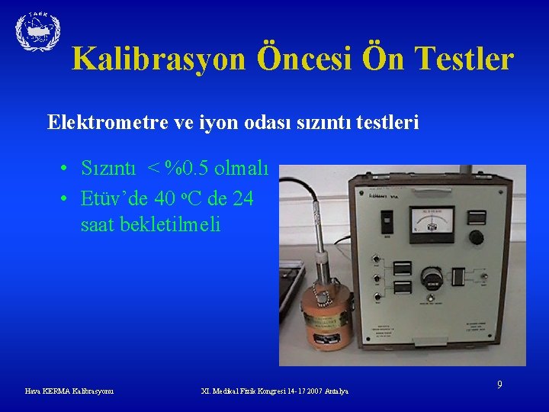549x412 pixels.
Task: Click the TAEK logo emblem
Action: point(37,31)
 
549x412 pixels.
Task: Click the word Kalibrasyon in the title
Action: point(159,59)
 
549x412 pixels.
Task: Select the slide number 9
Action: point(499,385)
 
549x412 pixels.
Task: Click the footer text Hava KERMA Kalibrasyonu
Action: point(69,391)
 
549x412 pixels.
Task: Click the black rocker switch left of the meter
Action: point(386,224)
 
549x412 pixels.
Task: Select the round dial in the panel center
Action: point(432,278)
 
